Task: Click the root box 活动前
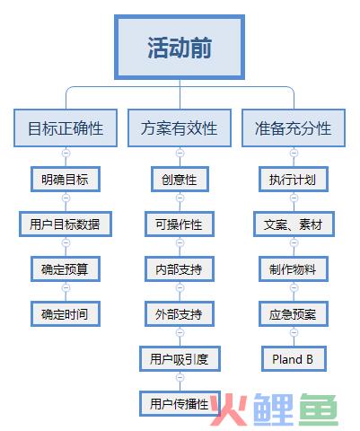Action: pos(180,48)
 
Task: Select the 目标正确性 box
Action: pos(66,128)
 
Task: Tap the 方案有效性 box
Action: pos(180,128)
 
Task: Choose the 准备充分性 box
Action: pos(294,128)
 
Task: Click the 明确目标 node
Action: pos(66,180)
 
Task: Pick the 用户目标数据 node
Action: pos(66,224)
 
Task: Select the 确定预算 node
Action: pos(66,269)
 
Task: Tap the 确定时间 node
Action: pos(66,314)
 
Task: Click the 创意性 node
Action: pos(180,180)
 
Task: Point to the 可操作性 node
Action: pos(180,224)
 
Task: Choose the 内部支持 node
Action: pos(180,269)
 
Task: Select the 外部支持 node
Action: pos(180,314)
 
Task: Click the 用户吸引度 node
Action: pos(180,359)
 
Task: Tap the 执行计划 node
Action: pos(294,180)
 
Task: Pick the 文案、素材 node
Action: pos(294,224)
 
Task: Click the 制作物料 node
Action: pos(294,269)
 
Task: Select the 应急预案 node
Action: pos(294,314)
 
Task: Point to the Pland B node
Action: pos(294,359)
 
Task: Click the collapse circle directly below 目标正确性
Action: pos(66,153)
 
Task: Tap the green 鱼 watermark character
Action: pos(319,409)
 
